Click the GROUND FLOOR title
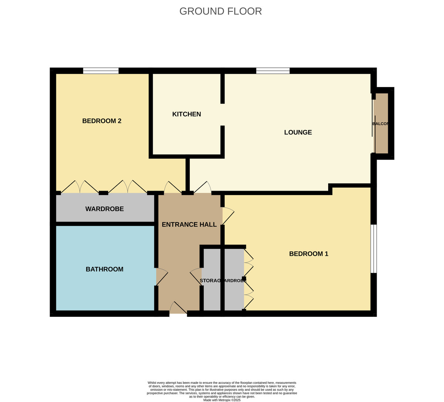221,11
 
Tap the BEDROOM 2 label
102,121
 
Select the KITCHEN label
186,114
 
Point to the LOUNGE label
298,133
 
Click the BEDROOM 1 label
309,254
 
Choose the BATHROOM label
104,269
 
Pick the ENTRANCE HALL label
189,225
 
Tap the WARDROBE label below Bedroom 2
104,209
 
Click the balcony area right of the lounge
381,124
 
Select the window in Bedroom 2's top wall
101,71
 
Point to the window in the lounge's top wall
273,71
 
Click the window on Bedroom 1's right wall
374,249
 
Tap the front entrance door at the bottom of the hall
178,309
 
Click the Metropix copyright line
222,400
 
